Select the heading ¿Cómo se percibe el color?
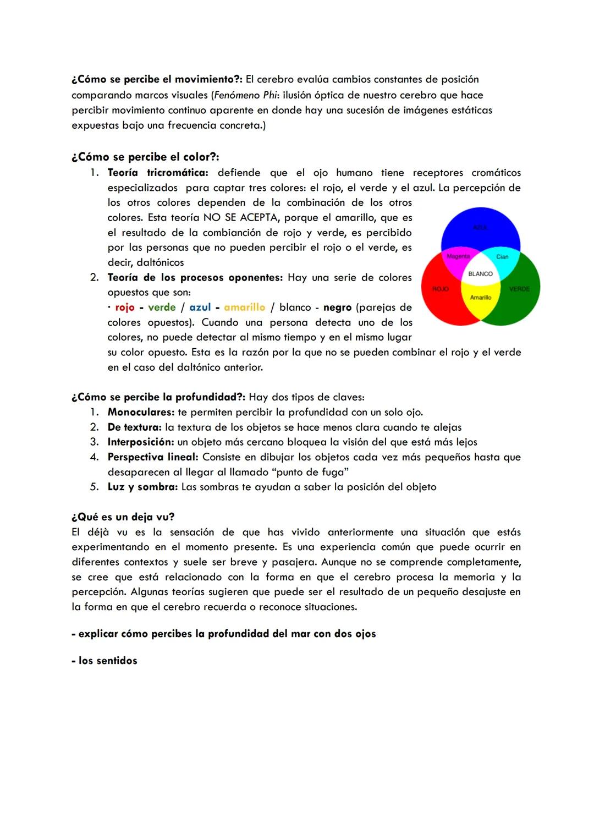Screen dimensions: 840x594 [x=145, y=157]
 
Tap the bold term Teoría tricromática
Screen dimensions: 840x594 [x=157, y=173]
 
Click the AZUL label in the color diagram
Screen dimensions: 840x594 [x=480, y=227]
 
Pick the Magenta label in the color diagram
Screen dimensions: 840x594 [x=458, y=256]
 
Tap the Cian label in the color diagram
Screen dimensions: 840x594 [x=502, y=257]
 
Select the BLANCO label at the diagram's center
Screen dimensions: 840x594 [x=480, y=274]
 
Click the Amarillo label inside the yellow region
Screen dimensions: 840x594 [x=480, y=298]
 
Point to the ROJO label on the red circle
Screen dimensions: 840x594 [x=441, y=289]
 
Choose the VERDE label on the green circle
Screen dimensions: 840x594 [x=519, y=289]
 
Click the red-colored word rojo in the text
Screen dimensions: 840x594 [x=125, y=308]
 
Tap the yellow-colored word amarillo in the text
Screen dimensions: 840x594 [x=244, y=308]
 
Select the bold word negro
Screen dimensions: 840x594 [x=337, y=308]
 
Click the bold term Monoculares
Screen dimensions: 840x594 [x=141, y=412]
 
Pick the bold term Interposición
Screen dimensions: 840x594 [x=140, y=442]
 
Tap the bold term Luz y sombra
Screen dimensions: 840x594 [x=142, y=487]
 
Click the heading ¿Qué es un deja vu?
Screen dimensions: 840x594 [x=123, y=517]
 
